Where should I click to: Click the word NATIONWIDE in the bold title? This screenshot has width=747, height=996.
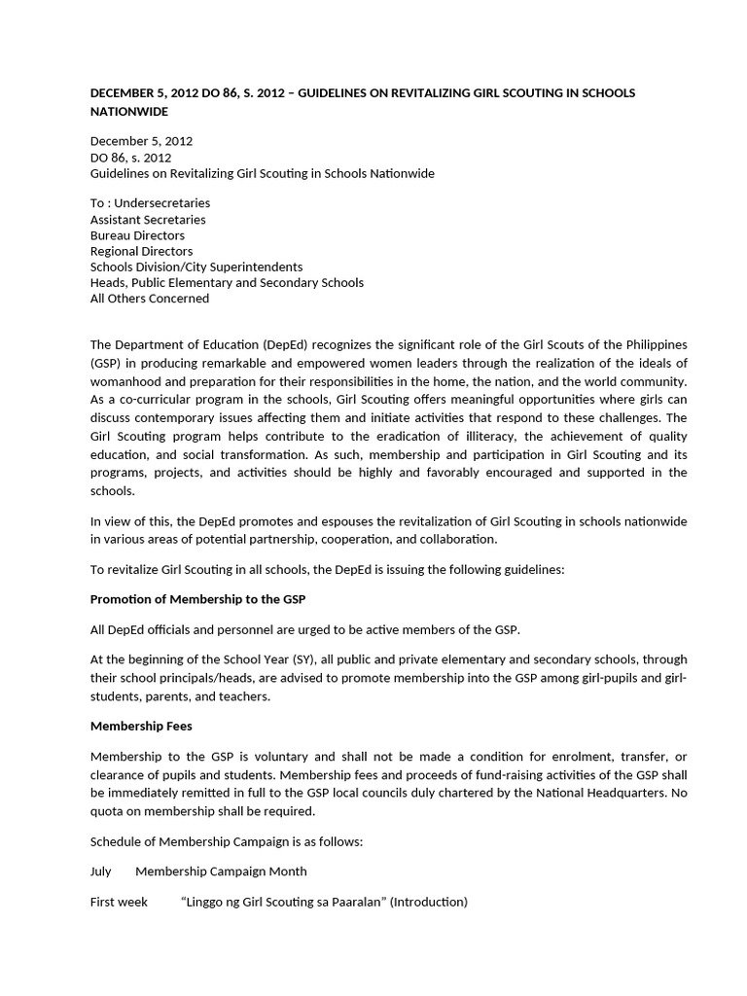coord(128,112)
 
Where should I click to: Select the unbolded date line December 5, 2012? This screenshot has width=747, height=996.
coord(141,141)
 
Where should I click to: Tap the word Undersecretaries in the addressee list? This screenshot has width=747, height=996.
coord(162,203)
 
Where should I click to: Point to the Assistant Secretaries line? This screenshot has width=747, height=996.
coord(148,219)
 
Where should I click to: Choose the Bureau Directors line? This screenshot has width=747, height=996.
coord(137,235)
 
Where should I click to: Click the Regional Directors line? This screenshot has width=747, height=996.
coord(141,251)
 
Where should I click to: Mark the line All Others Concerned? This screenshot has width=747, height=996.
coord(150,299)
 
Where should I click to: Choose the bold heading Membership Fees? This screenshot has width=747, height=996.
coord(142,725)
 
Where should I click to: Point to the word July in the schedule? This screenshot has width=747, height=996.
coord(101,871)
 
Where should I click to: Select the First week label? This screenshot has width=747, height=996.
coord(119,902)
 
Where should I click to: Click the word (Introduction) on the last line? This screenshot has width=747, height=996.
coord(428,902)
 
